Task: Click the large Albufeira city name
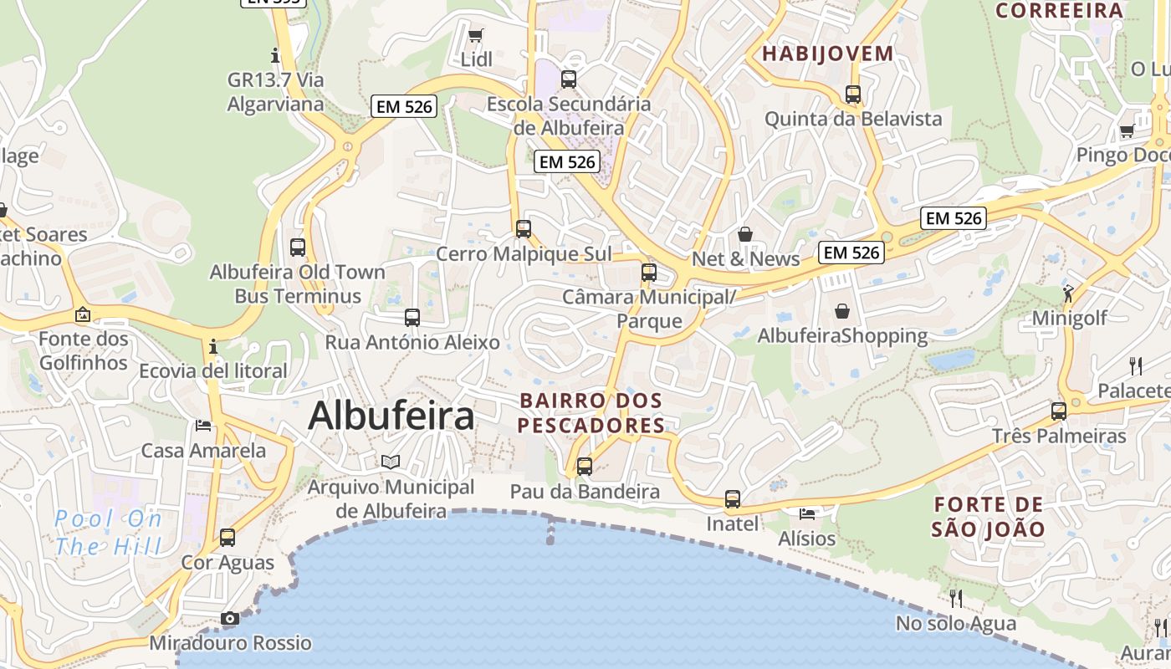[x=391, y=416]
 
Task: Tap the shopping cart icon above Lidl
[x=476, y=35]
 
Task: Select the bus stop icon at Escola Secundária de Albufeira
[x=569, y=79]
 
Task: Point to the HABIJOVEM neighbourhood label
[x=828, y=54]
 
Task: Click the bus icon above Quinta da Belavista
[x=853, y=94]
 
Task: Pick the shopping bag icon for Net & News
[x=745, y=234]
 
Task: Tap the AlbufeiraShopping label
[x=842, y=336]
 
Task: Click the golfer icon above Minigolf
[x=1068, y=293]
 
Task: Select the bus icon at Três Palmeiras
[x=1059, y=411]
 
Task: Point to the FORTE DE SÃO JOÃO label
[x=989, y=517]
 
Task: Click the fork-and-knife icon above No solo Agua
[x=956, y=598]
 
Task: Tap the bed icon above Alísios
[x=806, y=513]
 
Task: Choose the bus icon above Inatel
[x=733, y=499]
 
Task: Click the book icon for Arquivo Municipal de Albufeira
[x=391, y=462]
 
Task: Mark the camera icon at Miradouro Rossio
[x=230, y=619]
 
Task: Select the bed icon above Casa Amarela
[x=203, y=426]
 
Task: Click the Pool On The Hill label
[x=109, y=533]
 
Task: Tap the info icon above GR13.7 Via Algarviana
[x=275, y=56]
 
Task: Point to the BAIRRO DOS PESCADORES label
[x=591, y=413]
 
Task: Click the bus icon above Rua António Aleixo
[x=412, y=318]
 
